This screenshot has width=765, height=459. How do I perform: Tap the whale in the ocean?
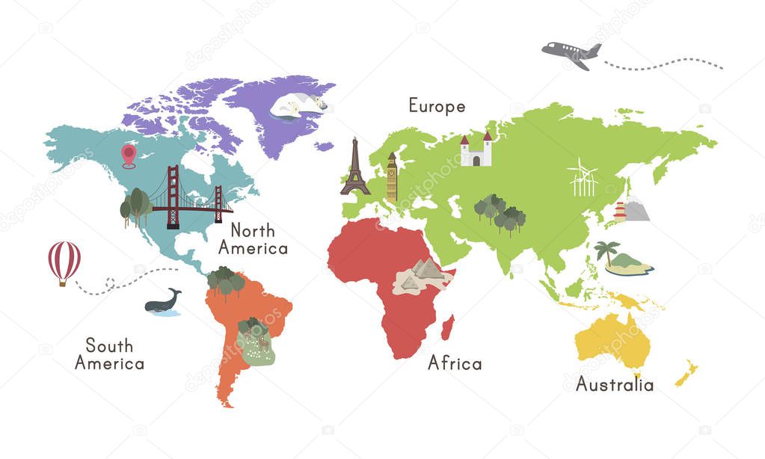click(163, 302)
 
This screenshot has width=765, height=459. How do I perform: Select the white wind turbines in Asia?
click(583, 178)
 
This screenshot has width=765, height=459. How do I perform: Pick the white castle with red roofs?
click(476, 150)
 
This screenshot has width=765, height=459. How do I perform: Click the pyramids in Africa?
click(423, 274)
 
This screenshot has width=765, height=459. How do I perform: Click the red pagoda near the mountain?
click(620, 212)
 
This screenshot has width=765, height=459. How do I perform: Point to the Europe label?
click(437, 106)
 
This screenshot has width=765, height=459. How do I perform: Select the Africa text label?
click(455, 364)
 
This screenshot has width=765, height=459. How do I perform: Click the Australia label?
click(614, 385)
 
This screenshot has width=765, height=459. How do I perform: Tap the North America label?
click(258, 238)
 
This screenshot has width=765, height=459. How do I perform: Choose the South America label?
click(109, 354)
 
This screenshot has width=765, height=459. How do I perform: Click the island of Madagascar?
click(449, 327)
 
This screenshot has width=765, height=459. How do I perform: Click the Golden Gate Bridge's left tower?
click(173, 196)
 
